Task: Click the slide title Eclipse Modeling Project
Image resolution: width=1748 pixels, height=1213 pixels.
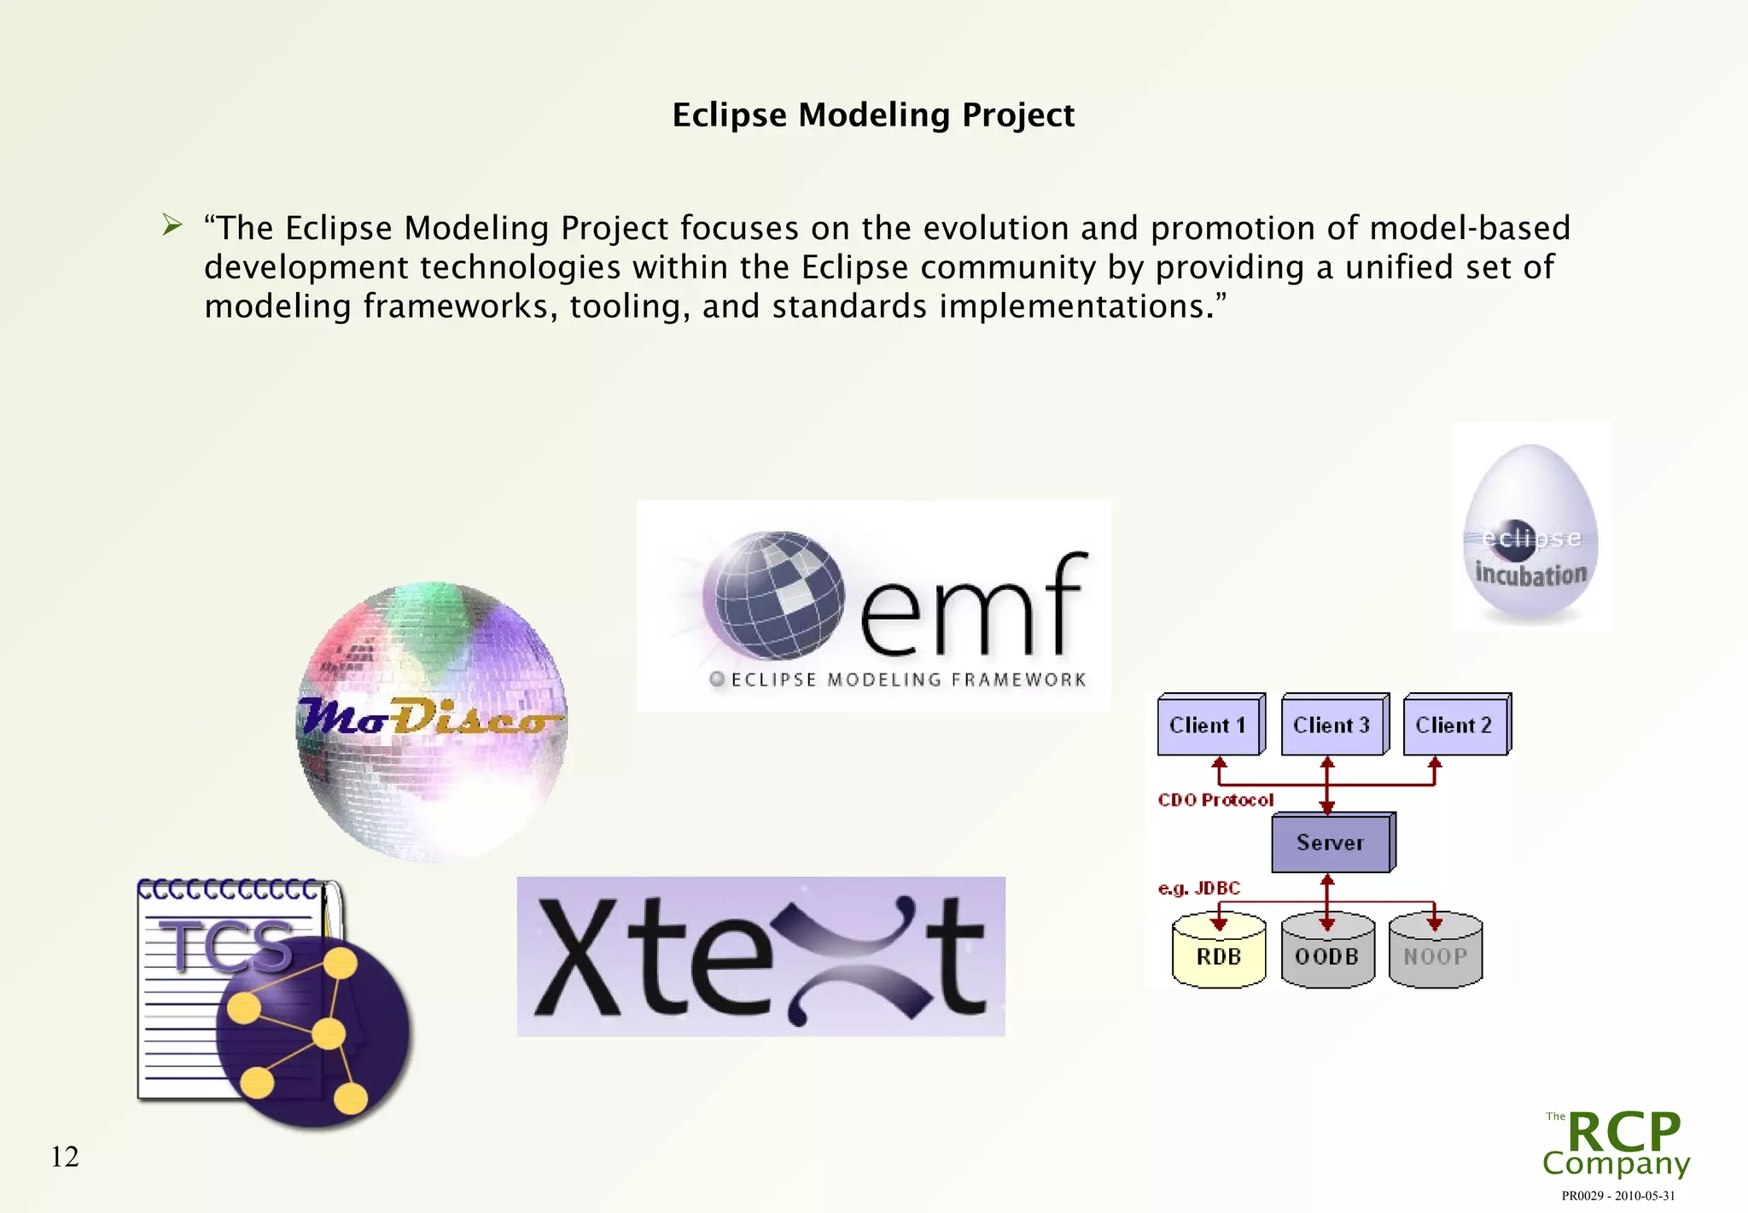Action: (x=872, y=115)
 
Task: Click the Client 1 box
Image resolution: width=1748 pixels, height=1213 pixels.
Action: (x=1208, y=726)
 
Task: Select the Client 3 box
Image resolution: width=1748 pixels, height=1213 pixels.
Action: (x=1331, y=726)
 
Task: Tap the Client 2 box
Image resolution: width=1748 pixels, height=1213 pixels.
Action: (x=1454, y=726)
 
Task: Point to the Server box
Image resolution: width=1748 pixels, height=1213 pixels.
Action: (x=1330, y=843)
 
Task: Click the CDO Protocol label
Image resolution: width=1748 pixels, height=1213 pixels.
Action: (x=1215, y=800)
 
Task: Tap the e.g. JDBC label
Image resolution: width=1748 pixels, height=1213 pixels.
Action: (x=1198, y=889)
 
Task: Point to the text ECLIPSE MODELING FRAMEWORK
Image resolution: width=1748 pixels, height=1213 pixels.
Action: (x=907, y=679)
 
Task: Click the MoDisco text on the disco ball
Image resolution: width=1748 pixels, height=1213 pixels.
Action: (x=427, y=717)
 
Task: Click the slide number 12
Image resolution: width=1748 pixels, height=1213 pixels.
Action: (x=65, y=1157)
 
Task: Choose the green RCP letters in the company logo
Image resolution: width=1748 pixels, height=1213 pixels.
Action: (x=1623, y=1132)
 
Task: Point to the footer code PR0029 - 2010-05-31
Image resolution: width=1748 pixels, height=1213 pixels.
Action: (x=1617, y=1196)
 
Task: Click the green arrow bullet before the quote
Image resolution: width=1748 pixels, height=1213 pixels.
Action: (x=172, y=226)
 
